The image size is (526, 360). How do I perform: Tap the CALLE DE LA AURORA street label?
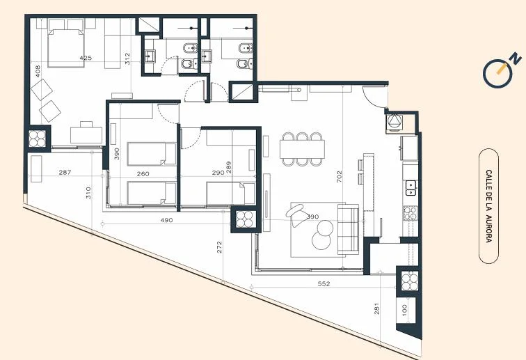point(488,206)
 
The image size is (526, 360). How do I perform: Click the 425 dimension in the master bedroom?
point(86,58)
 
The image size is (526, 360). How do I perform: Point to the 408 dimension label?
point(38,72)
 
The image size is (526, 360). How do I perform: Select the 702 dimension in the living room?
point(339,177)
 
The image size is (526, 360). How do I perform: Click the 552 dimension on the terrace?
point(324,284)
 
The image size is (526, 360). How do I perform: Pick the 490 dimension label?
point(166,220)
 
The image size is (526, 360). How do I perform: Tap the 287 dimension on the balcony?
point(65,172)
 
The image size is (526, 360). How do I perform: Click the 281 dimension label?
point(376,308)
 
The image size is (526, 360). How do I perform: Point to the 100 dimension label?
point(404,310)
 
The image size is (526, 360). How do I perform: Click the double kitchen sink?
point(411,188)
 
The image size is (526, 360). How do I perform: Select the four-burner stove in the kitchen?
point(410,213)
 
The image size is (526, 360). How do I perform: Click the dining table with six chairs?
point(302,149)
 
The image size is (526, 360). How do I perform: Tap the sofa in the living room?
point(348,229)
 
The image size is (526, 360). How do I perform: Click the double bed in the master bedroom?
point(65,47)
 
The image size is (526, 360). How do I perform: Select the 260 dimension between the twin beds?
point(143,174)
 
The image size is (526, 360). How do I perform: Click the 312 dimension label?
point(127,58)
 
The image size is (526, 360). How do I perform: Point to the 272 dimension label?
point(219,247)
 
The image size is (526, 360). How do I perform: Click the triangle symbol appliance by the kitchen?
point(394,121)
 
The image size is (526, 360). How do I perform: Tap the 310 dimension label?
point(88,193)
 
